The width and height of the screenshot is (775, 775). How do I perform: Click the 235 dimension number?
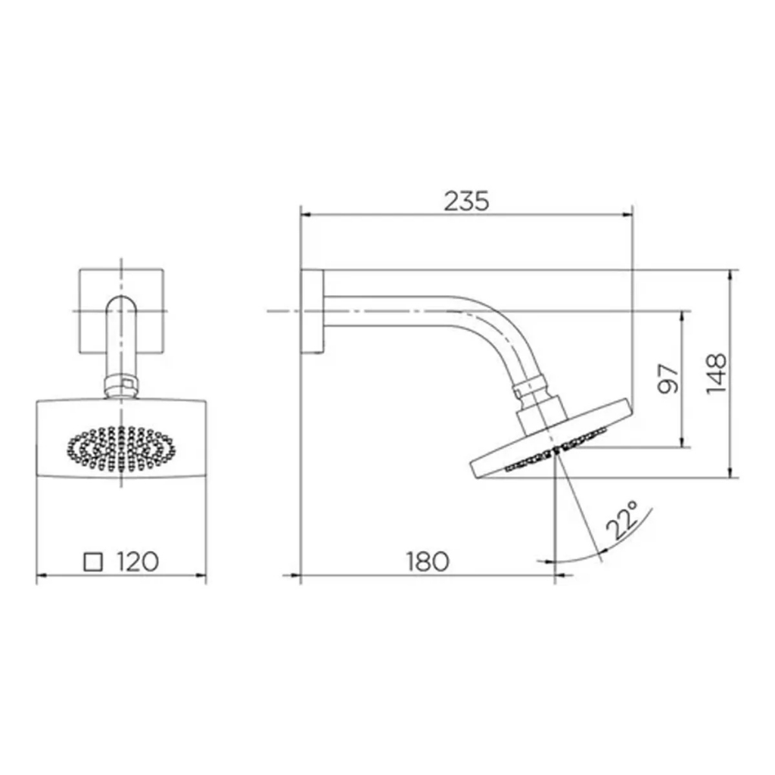[466, 201]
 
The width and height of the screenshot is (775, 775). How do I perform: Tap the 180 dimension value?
[428, 562]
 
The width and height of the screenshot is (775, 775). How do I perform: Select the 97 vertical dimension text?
[668, 378]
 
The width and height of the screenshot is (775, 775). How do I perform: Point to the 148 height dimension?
[716, 374]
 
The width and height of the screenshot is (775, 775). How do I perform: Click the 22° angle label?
[623, 521]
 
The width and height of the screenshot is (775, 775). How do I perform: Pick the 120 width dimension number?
[138, 562]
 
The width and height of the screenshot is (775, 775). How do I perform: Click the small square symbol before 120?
[93, 562]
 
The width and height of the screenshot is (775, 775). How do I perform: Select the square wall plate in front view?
[122, 312]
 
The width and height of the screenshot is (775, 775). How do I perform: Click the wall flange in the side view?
[312, 312]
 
